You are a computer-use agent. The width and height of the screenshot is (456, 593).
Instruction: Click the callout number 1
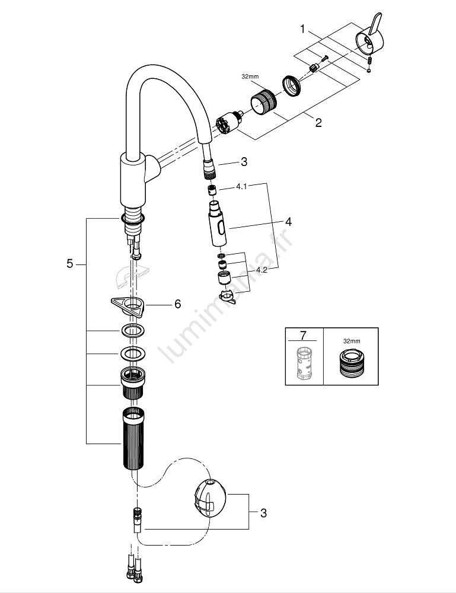[302, 28]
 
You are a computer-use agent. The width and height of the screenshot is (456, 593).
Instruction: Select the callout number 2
[318, 123]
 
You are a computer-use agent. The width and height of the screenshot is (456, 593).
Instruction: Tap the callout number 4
[288, 222]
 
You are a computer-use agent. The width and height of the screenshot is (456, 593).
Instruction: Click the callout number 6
[177, 304]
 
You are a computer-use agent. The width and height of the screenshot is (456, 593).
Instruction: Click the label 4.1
[243, 186]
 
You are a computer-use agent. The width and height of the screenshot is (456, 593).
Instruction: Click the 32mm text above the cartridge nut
[250, 77]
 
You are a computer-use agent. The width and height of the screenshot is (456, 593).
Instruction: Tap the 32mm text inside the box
[352, 342]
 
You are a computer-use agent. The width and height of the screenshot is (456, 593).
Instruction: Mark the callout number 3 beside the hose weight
[263, 513]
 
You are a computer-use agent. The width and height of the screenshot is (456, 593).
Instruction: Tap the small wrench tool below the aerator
[227, 297]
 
